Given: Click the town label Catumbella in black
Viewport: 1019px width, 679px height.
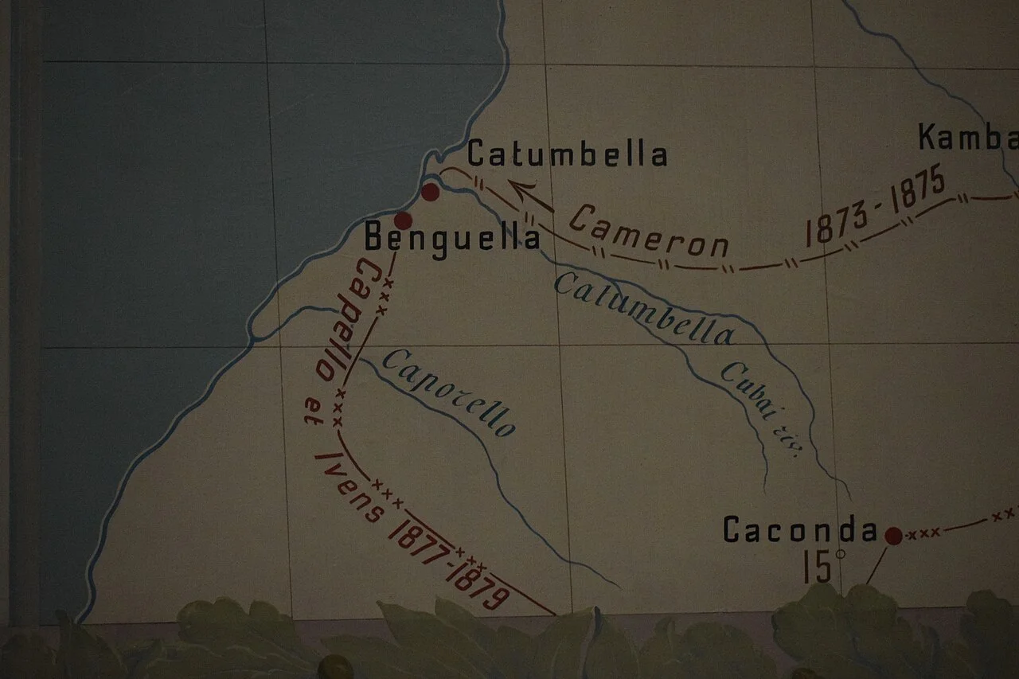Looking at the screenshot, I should [567, 154].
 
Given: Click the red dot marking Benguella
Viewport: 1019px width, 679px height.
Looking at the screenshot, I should [403, 220].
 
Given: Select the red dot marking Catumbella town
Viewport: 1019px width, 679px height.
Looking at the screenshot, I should [430, 191].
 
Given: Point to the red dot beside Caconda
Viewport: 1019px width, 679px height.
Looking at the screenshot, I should [893, 536].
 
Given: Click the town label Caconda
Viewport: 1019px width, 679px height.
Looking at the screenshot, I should [800, 530].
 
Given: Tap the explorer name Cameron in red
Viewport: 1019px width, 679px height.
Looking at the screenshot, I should [649, 232].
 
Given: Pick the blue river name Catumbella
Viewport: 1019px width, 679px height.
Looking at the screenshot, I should [643, 309].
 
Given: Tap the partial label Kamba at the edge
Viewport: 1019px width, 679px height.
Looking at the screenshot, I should [967, 137].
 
